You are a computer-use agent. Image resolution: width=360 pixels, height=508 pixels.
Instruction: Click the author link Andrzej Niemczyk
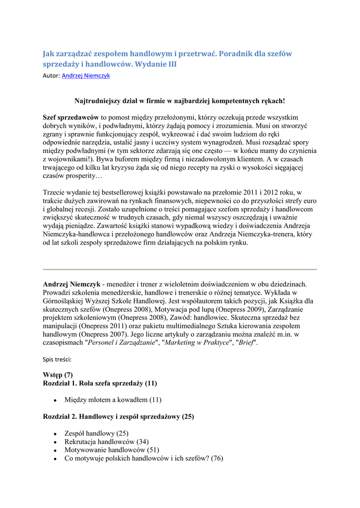click(86, 76)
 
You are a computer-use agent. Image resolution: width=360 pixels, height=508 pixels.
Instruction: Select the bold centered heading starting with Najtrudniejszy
click(180, 101)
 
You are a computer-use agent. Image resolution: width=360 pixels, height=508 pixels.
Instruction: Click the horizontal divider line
click(180, 269)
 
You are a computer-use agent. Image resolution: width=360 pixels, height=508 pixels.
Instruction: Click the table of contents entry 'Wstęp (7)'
click(58, 375)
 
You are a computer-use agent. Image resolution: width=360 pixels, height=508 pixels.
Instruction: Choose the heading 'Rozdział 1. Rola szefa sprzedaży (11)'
click(100, 383)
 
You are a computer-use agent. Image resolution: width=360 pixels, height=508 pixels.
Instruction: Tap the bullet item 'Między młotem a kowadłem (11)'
click(113, 399)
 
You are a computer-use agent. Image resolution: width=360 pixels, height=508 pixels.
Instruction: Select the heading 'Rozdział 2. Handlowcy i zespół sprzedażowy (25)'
click(118, 417)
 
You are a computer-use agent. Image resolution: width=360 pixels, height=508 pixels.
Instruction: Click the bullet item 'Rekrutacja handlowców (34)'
click(106, 442)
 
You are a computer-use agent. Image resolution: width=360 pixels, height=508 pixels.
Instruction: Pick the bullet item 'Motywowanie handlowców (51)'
click(108, 450)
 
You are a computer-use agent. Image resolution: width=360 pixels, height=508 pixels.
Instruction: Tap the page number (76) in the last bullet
click(217, 458)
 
